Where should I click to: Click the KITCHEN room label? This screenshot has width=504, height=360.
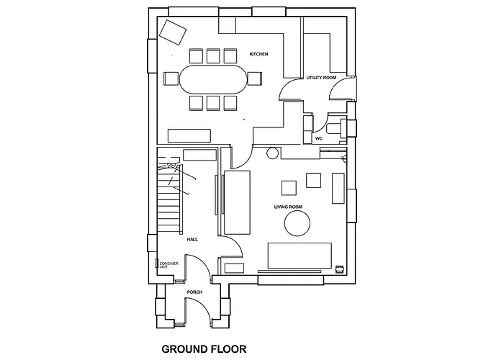(258, 55)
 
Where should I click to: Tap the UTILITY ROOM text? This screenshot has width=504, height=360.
(321, 77)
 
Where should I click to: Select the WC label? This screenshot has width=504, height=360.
(318, 138)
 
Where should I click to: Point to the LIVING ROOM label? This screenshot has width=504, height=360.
(287, 207)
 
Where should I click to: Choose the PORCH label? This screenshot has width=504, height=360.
(195, 292)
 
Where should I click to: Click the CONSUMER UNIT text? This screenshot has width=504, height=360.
(168, 265)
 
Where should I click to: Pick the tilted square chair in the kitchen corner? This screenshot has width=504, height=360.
(173, 32)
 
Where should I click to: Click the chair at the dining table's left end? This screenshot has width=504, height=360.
(170, 78)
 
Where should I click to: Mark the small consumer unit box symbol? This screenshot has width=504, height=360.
(157, 264)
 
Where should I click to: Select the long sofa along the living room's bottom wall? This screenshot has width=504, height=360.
(300, 256)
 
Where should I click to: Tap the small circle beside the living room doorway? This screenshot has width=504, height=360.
(272, 153)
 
